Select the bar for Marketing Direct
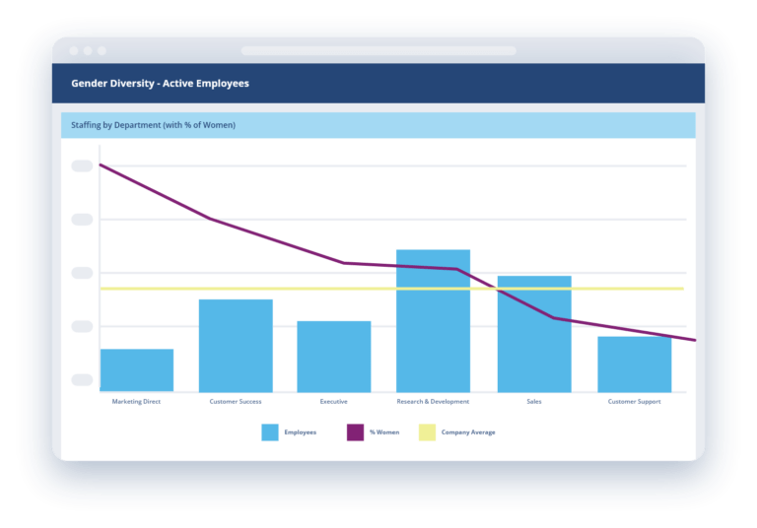coord(136,370)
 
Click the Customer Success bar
coord(236,346)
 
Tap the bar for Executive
coord(334,357)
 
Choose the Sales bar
coord(534,340)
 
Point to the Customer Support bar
coord(634,364)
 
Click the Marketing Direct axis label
coord(136,402)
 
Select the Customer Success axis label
coord(236,402)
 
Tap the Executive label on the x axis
coord(334,402)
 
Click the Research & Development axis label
coord(433,402)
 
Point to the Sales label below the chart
coord(534,402)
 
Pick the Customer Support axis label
coord(634,402)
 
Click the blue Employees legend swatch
coord(269,432)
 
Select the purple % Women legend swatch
coord(355,432)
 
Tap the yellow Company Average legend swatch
coord(427,432)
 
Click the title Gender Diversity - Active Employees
coord(160,84)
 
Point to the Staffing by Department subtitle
coord(153,125)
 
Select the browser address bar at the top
coord(378,50)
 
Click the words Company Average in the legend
coord(468,432)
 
